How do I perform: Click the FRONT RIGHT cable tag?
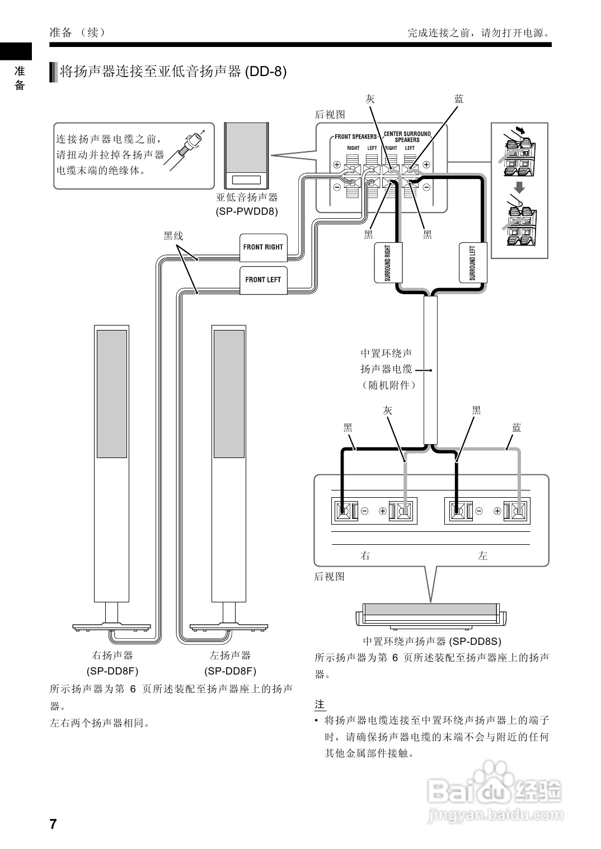point(264,247)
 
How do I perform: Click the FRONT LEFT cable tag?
point(263,280)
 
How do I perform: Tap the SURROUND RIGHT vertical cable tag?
point(387,263)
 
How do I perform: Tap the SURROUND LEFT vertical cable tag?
point(472,263)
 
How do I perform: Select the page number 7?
point(53,824)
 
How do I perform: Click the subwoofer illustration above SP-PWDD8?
point(246,155)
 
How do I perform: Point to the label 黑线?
point(173,236)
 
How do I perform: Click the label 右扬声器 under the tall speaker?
point(112,655)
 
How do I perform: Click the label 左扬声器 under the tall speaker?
point(230,655)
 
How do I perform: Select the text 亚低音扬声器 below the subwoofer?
point(247,197)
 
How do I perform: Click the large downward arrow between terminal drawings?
point(519,187)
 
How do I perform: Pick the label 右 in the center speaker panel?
point(365,556)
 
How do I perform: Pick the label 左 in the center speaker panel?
point(483,556)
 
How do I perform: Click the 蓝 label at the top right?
point(459,99)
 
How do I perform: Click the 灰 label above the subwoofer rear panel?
point(370,99)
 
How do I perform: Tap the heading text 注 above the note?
point(320,705)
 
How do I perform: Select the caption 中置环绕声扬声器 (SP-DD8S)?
point(431,642)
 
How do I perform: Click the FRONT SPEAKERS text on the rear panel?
point(355,136)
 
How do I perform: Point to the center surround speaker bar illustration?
point(431,614)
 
